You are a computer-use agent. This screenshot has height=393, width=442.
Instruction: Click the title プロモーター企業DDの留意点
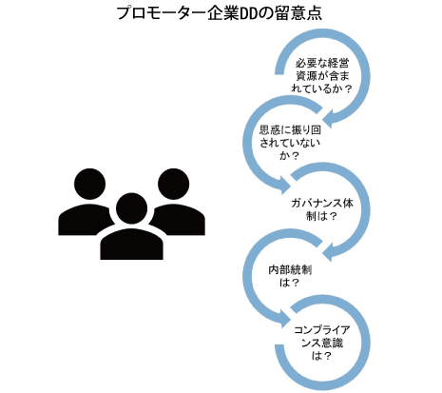pyautogui.click(x=220, y=13)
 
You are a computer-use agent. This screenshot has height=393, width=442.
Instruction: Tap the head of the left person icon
pyautogui.click(x=90, y=184)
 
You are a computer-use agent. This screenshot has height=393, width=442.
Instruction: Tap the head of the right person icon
pyautogui.click(x=173, y=184)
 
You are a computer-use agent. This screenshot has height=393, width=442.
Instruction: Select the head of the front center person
pyautogui.click(x=132, y=208)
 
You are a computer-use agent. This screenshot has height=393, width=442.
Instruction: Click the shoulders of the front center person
pyautogui.click(x=132, y=245)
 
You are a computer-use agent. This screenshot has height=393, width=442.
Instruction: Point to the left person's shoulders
pyautogui.click(x=84, y=220)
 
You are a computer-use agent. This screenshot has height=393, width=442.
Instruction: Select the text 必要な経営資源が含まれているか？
pyautogui.click(x=321, y=76)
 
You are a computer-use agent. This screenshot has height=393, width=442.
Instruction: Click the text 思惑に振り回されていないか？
pyautogui.click(x=290, y=143)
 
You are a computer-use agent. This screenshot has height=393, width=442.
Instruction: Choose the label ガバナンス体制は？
pyautogui.click(x=321, y=209)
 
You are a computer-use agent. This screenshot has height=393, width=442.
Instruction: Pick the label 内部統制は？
pyautogui.click(x=290, y=276)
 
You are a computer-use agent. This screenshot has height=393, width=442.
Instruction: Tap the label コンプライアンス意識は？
pyautogui.click(x=321, y=343)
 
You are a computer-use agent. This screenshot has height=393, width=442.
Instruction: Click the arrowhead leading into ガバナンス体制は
pyautogui.click(x=282, y=185)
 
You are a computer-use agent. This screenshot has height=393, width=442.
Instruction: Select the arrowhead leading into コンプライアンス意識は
pyautogui.click(x=282, y=318)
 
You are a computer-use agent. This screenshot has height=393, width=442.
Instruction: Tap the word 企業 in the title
pyautogui.click(x=223, y=13)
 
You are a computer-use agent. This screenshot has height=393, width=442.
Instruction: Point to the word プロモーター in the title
pyautogui.click(x=162, y=13)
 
